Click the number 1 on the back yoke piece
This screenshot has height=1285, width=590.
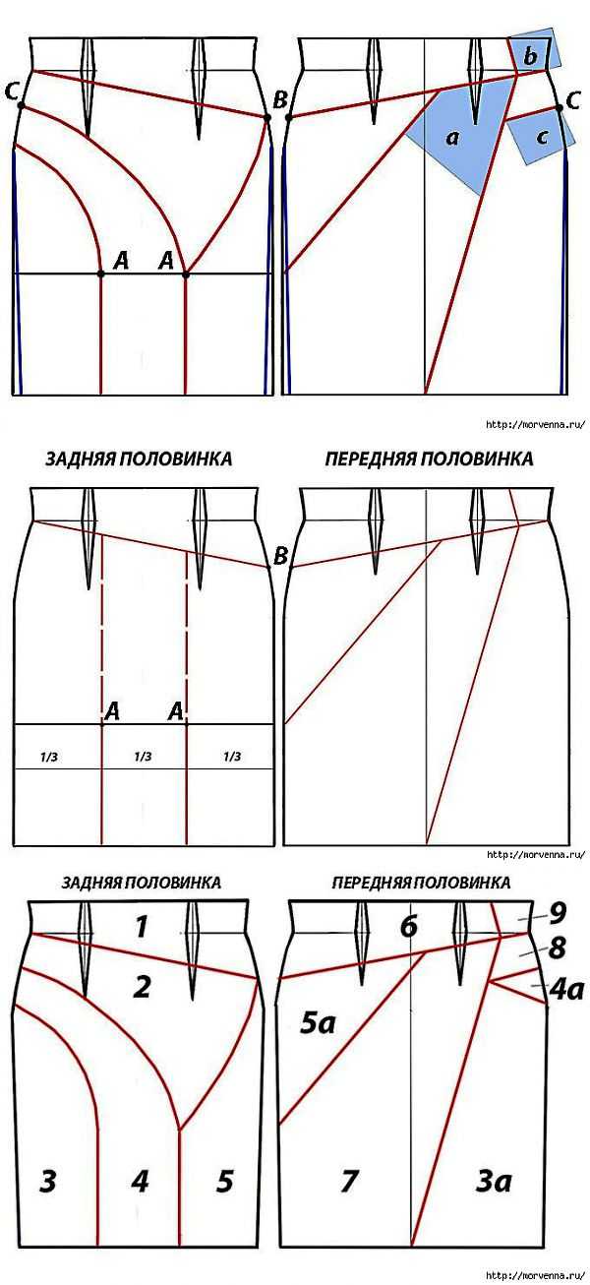click(142, 927)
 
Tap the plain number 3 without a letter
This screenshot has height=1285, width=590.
click(47, 1166)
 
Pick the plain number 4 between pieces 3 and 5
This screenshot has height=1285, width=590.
click(140, 1165)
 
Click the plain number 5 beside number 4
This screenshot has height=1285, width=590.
click(224, 1166)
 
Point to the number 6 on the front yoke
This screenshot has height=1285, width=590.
click(408, 927)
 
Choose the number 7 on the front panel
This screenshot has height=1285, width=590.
click(349, 1166)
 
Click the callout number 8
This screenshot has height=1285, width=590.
click(557, 948)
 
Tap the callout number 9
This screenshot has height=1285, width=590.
click(558, 914)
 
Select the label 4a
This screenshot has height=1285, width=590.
click(566, 990)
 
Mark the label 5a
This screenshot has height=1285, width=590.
click(318, 1023)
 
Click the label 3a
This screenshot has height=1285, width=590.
click(493, 1166)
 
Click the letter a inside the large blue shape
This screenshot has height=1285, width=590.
click(452, 138)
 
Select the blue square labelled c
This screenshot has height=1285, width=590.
click(541, 137)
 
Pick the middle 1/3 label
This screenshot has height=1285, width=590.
click(143, 757)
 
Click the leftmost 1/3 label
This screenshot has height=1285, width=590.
click(49, 757)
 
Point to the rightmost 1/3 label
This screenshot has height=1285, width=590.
click(232, 757)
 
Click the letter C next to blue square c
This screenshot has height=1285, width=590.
click(573, 101)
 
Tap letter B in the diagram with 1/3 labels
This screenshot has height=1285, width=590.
click(280, 556)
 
